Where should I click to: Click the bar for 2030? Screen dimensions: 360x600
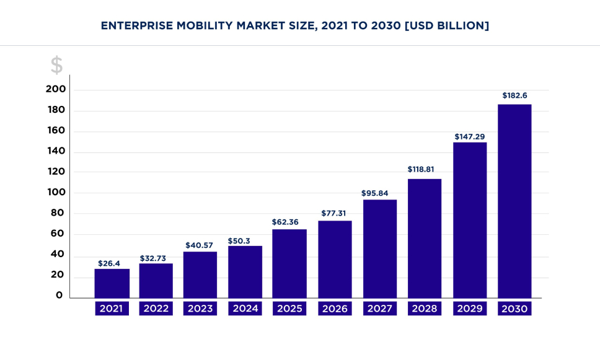pos(514,201)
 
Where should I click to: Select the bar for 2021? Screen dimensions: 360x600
pos(112,283)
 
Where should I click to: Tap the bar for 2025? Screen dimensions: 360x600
pos(289,263)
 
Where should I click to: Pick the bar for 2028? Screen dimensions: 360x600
pos(425,238)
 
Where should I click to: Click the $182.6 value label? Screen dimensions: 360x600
pos(514,96)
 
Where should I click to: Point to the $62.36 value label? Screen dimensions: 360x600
pos(289,221)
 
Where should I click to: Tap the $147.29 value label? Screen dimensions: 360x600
pos(470,136)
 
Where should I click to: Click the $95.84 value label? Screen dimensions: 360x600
pos(379,193)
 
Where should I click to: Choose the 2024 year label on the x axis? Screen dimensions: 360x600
pos(245,309)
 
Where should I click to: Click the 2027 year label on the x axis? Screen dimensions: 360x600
pos(379,309)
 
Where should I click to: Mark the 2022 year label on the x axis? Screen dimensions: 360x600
pos(156,309)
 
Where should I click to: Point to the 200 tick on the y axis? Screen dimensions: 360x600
pos(56,90)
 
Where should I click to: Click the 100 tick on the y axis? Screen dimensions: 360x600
pos(56,193)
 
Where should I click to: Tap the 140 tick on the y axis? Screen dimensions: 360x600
pos(56,152)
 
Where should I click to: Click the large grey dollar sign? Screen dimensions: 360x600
pos(56,65)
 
